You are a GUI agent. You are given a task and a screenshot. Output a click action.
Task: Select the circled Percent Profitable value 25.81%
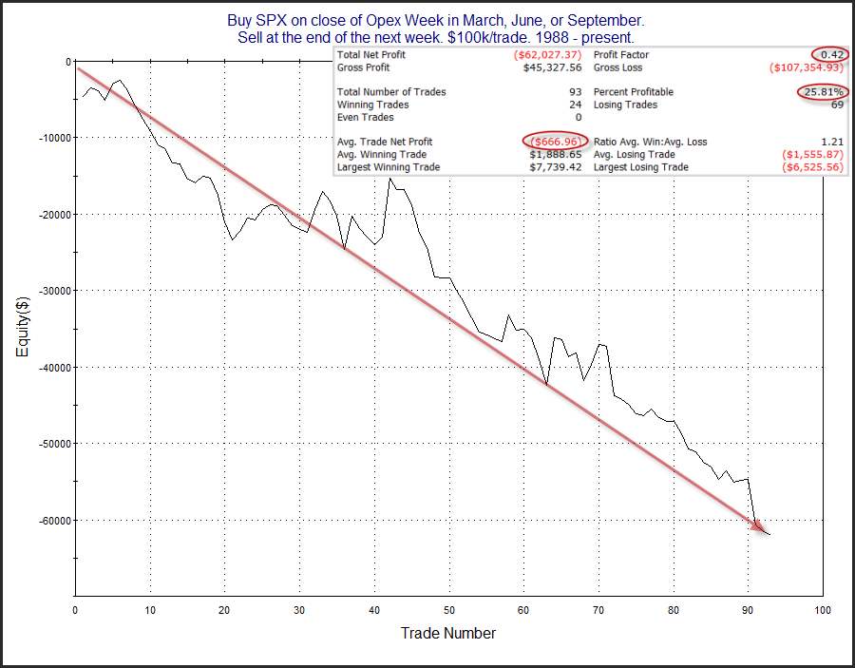[821, 92]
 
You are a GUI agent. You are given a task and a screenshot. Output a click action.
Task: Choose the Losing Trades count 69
[837, 105]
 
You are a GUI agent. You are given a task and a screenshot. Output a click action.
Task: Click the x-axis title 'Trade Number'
[447, 633]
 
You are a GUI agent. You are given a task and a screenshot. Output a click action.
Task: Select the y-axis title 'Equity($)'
[22, 329]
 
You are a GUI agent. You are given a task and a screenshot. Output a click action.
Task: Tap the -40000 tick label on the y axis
[47, 367]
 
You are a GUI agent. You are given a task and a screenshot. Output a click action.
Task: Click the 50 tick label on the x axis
[449, 609]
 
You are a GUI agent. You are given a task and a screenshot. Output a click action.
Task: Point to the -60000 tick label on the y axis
[47, 520]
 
